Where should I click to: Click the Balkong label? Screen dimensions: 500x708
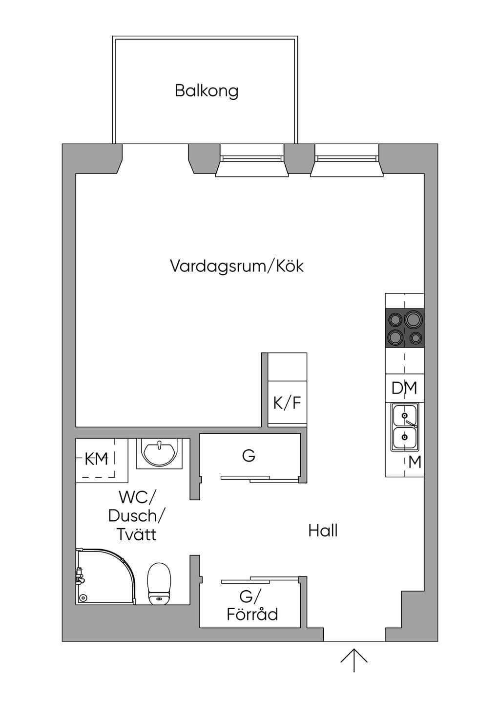click(x=207, y=91)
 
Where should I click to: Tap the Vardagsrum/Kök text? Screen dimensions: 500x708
click(x=237, y=266)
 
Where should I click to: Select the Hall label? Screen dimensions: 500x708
click(x=323, y=531)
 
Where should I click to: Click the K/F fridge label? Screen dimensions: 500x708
click(x=287, y=403)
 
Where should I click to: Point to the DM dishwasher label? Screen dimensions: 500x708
click(x=404, y=388)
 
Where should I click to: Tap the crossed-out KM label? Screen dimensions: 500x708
click(x=97, y=459)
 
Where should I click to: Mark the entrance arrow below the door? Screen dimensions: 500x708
click(x=354, y=660)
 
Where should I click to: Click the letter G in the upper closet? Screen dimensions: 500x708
click(x=249, y=456)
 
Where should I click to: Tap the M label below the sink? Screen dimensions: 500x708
click(x=415, y=462)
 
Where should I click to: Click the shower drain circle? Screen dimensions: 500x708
click(x=83, y=597)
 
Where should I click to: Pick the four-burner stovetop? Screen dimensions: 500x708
click(x=404, y=328)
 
